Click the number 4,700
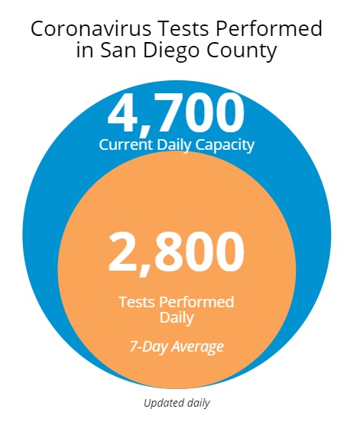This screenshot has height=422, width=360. [177, 112]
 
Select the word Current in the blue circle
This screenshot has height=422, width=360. [126, 144]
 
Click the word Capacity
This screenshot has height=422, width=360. [225, 145]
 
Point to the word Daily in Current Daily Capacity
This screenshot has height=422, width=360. [174, 145]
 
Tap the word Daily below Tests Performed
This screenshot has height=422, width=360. [177, 319]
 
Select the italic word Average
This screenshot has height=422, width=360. [197, 346]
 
